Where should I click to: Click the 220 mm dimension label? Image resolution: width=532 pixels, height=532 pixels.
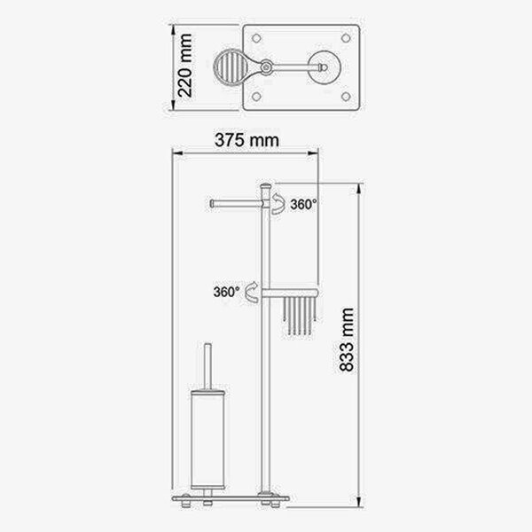click(x=185, y=66)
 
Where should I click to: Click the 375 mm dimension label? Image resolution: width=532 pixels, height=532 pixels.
click(x=246, y=140)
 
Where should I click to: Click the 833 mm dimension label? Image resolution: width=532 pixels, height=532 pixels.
click(x=347, y=340)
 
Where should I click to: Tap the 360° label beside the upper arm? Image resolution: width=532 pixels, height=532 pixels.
click(x=303, y=204)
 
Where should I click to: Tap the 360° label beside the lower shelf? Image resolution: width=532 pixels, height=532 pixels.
click(x=227, y=292)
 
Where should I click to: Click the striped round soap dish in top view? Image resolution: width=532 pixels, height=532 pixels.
click(x=230, y=66)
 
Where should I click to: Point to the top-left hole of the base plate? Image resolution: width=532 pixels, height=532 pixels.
click(x=256, y=38)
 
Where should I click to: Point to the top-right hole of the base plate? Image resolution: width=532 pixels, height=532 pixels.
click(x=346, y=38)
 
